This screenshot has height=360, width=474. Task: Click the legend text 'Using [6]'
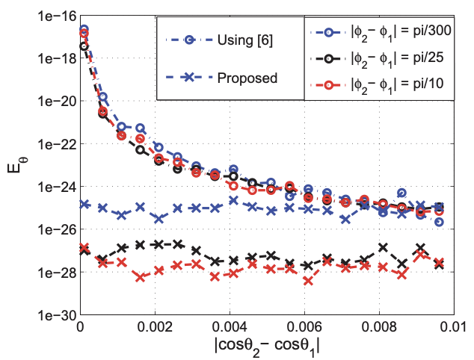pyautogui.click(x=244, y=40)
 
